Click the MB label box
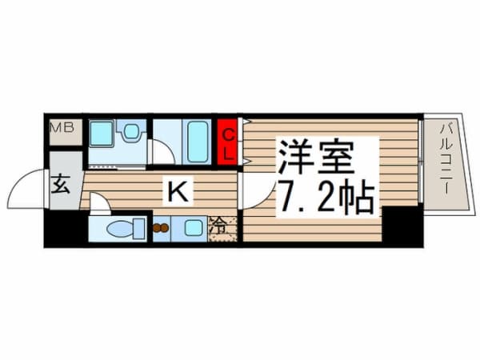pyautogui.click(x=63, y=129)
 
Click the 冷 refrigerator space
pyautogui.click(x=222, y=227)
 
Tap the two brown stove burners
pyautogui.click(x=160, y=228)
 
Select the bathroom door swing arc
pyautogui.click(x=162, y=152)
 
